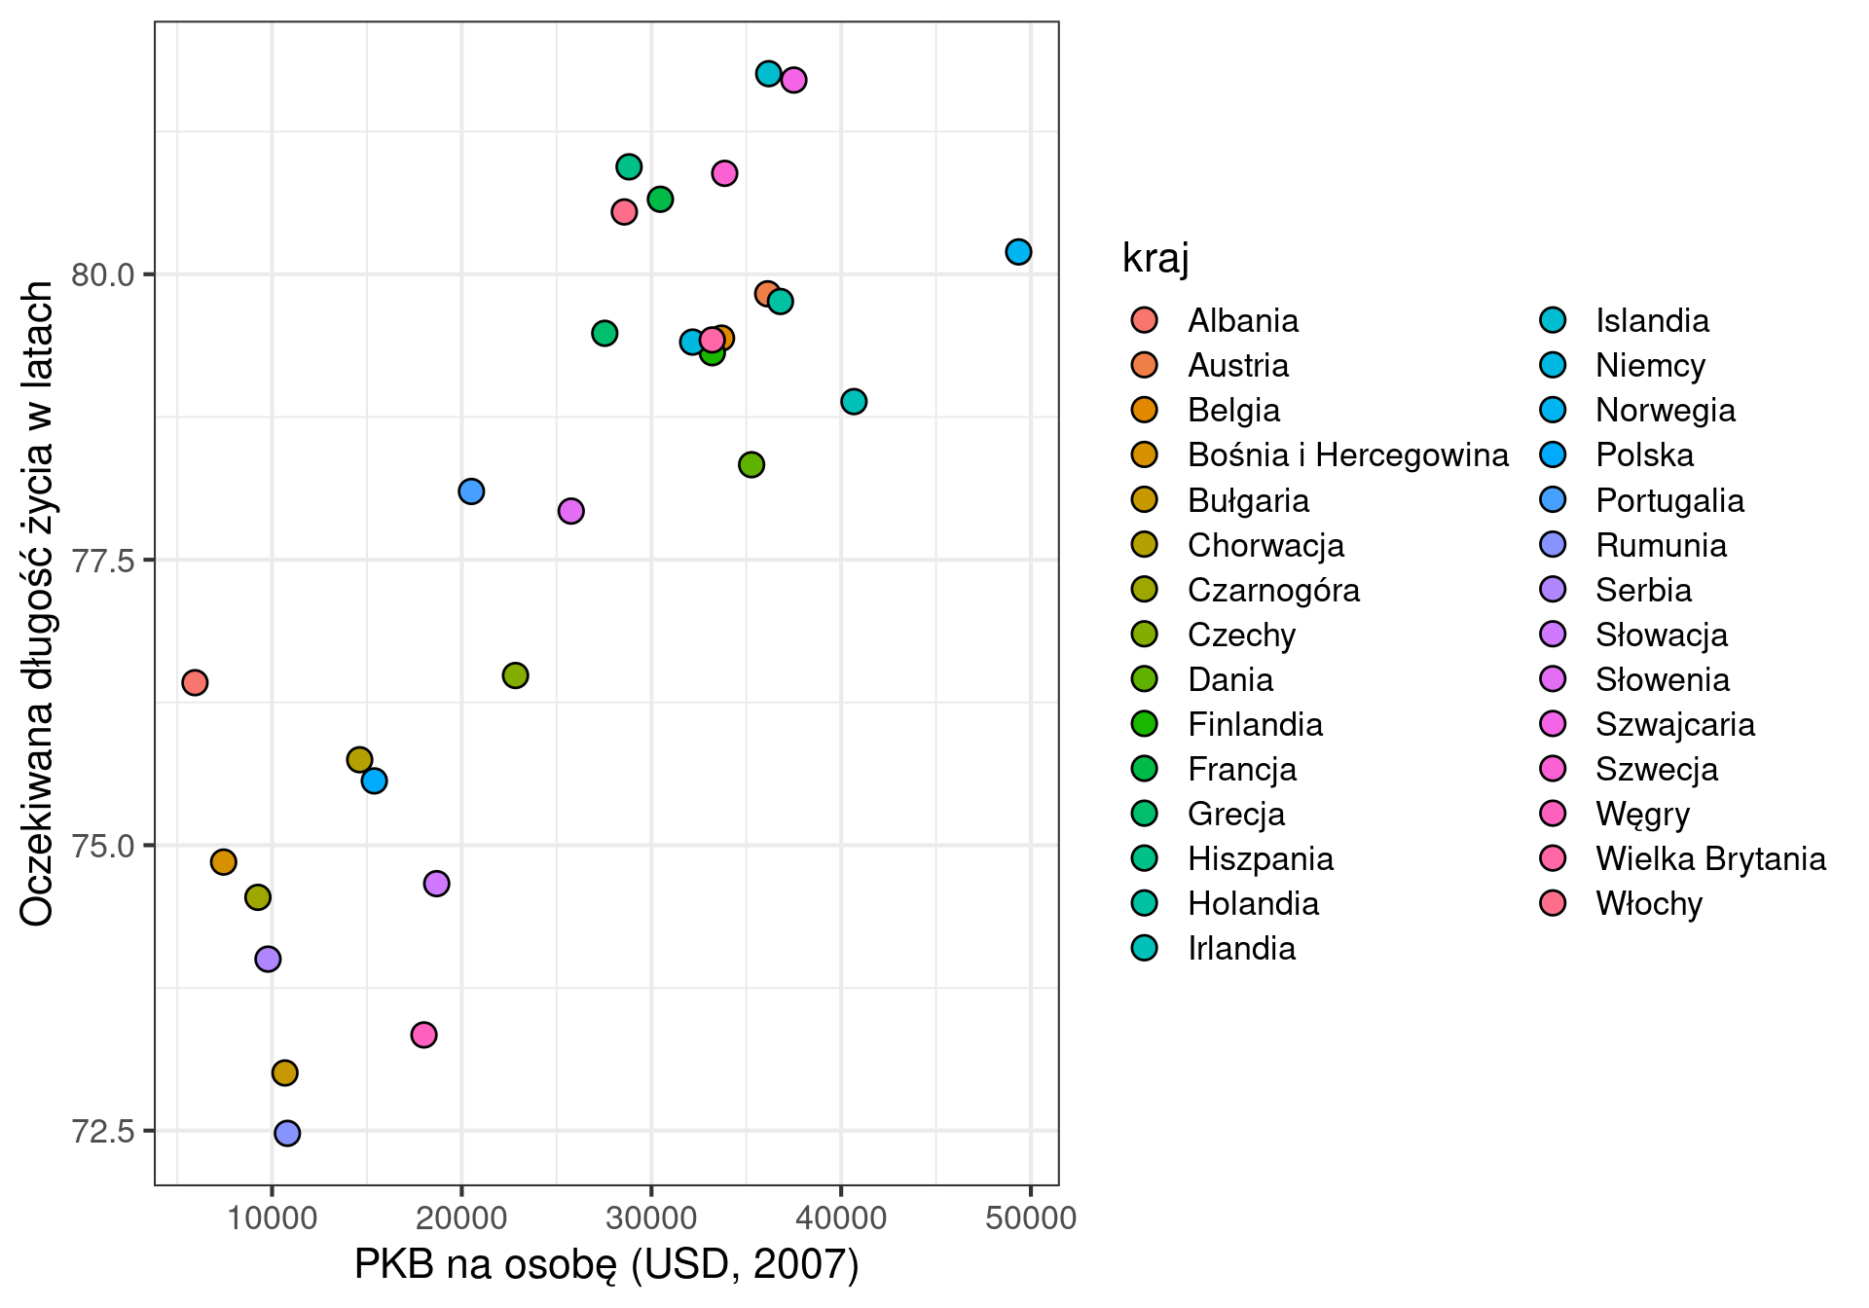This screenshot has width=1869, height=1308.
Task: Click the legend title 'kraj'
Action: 1155,259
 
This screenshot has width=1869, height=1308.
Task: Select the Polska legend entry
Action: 1644,455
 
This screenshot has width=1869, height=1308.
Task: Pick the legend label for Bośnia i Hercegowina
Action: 1347,455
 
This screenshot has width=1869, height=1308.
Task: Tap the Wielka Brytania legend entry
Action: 1710,859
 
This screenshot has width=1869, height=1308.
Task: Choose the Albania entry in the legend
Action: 1242,321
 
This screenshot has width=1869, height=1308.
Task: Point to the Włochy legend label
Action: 1648,904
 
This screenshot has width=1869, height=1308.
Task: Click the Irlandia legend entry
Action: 1241,949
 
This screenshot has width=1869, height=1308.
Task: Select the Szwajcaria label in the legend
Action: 1674,725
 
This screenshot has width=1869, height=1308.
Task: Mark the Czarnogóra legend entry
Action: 1272,591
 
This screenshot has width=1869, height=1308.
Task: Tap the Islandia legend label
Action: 1652,321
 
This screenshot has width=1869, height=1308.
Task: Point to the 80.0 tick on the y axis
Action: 103,275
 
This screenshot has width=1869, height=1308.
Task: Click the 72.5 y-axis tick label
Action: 103,1132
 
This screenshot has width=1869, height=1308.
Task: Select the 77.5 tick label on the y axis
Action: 103,561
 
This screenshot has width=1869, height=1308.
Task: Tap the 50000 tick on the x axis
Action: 1030,1218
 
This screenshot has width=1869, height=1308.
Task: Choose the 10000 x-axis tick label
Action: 272,1218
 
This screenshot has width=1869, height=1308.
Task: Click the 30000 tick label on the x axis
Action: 651,1218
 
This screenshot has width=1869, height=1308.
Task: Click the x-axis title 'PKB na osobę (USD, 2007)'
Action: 606,1265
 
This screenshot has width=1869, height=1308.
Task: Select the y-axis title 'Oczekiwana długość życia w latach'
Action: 37,603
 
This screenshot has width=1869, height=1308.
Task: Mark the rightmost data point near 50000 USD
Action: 1018,252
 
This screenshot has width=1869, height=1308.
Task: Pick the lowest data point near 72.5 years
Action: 287,1133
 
